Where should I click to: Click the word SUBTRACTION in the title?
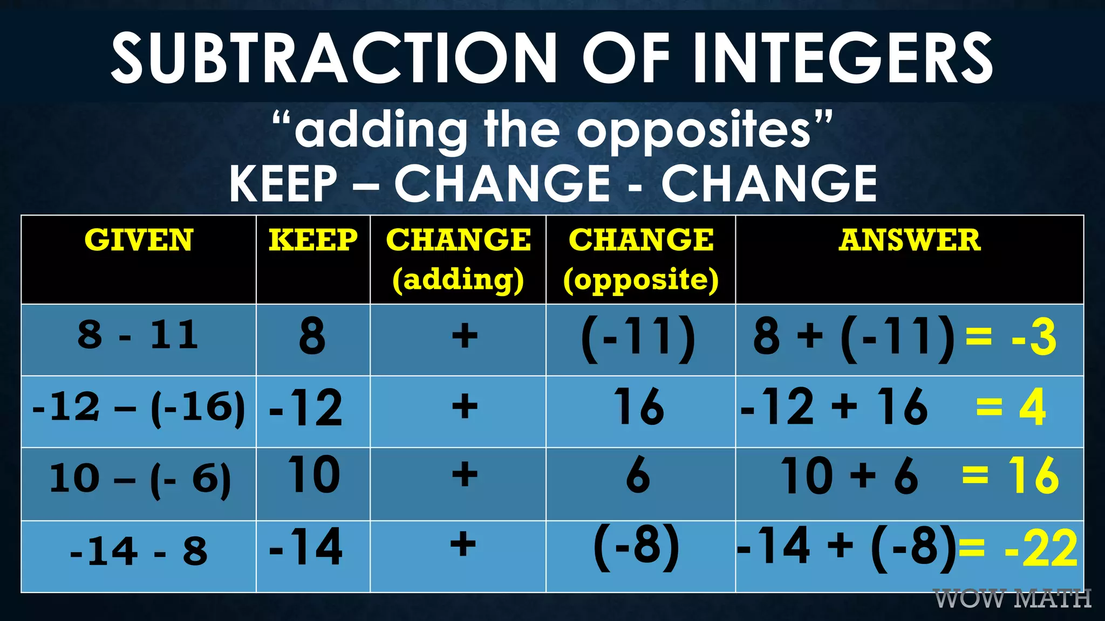[x=333, y=58]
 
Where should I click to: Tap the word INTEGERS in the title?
[x=843, y=58]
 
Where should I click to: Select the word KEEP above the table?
[x=283, y=184]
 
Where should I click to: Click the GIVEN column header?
[x=139, y=240]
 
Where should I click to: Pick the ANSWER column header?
[x=909, y=240]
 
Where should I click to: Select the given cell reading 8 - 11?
[x=138, y=335]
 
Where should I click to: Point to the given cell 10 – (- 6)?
[x=139, y=479]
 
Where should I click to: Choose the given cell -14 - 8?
[x=138, y=551]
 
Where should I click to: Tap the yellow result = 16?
[x=1010, y=475]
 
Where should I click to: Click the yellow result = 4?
[x=1010, y=408]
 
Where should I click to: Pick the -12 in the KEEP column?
[x=306, y=408]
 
